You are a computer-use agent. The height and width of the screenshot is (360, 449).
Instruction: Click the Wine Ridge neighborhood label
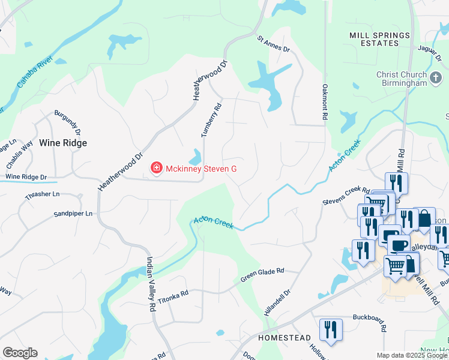pos(63,143)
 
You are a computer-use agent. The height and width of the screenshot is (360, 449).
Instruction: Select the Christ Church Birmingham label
pos(401,79)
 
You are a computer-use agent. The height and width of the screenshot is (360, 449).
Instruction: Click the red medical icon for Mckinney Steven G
pos(157,169)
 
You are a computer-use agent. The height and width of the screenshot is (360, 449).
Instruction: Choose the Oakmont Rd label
pos(325,103)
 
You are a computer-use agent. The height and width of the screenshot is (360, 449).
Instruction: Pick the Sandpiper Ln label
pos(73,214)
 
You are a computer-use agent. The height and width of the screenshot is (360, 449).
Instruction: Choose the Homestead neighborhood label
pos(284,338)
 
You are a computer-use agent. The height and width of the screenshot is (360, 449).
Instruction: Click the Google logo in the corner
pos(20,353)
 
